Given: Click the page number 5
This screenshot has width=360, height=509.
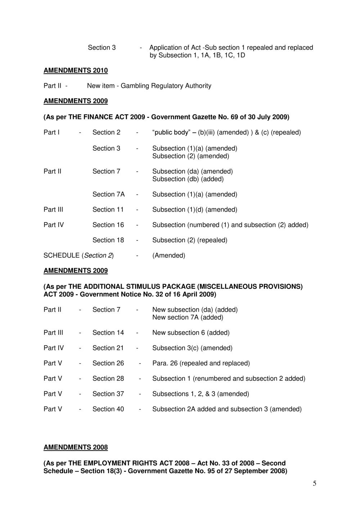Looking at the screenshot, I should [315, 483].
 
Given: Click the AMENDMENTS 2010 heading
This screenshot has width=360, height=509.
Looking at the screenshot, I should [76, 71].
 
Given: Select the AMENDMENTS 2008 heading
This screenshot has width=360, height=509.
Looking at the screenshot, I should [76, 447].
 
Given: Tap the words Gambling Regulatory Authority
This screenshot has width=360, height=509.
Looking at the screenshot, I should [166, 86].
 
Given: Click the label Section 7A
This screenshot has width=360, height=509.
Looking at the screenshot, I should [108, 194].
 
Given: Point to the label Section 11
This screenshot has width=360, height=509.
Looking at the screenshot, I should [108, 210].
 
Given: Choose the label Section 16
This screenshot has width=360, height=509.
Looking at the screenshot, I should [108, 225].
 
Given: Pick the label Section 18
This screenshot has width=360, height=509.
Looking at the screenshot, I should [108, 240].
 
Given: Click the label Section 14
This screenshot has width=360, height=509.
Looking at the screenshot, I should [108, 333].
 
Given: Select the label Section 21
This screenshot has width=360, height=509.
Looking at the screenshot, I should [108, 348].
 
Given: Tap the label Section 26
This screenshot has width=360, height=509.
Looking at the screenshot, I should [108, 363].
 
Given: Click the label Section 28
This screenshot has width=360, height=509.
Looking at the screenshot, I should [108, 379].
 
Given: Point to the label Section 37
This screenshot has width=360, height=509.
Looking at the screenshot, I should [108, 394].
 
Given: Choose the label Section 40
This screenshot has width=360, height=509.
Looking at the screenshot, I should [108, 409].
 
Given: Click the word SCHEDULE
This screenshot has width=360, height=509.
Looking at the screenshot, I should [62, 256].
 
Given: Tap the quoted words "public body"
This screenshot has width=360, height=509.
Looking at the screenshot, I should [171, 132].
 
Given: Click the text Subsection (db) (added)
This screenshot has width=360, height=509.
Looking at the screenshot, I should [188, 179].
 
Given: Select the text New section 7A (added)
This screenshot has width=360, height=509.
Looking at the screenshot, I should [188, 317].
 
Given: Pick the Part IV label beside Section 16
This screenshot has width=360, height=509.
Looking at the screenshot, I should [54, 225].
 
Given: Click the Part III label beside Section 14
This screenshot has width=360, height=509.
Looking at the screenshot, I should [53, 333].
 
